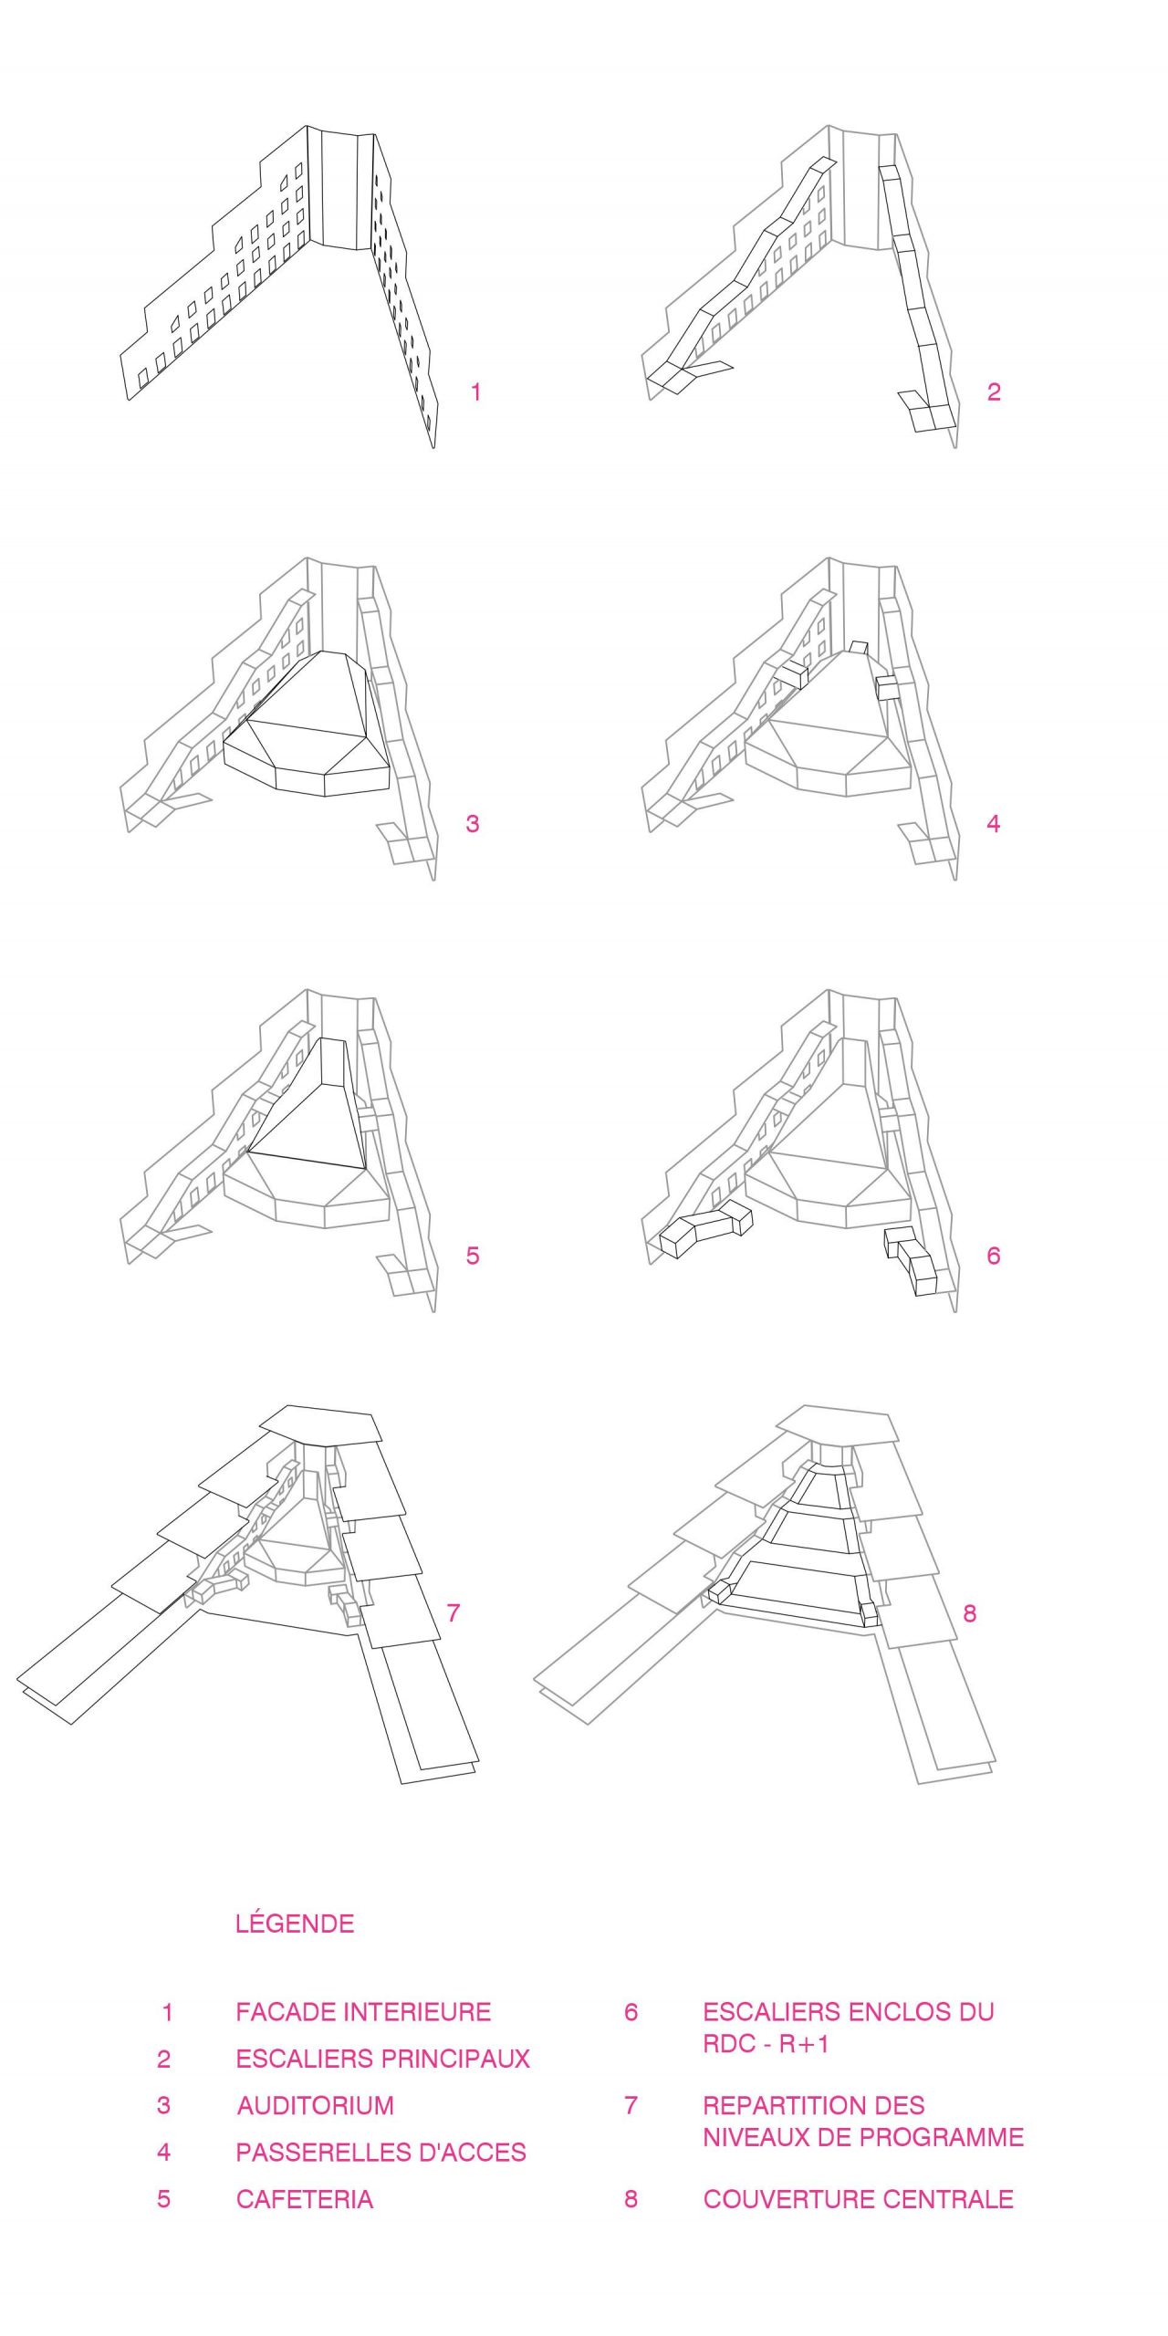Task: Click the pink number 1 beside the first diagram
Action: (475, 392)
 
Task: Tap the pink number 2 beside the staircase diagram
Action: (994, 392)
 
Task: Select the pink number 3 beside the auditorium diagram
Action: (472, 824)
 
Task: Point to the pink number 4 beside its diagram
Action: (994, 824)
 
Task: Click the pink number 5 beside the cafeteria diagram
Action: (472, 1256)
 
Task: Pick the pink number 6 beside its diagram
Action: (994, 1256)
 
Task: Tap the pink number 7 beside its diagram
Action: (454, 1612)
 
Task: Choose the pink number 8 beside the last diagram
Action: (969, 1613)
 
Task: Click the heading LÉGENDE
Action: (295, 1924)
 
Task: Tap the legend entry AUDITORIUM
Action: (316, 2105)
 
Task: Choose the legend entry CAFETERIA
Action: (305, 2199)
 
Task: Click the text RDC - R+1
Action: (766, 2044)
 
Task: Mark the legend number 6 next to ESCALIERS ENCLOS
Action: (631, 2012)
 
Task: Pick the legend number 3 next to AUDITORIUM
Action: (163, 2105)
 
